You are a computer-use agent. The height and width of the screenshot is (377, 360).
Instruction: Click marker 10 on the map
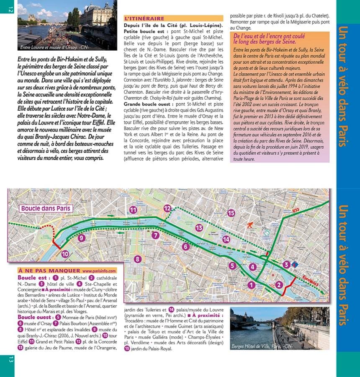[x=65, y=253]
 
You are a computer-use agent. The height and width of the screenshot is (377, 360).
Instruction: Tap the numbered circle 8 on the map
[x=137, y=259]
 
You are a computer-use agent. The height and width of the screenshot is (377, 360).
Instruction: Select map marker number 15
[x=231, y=213]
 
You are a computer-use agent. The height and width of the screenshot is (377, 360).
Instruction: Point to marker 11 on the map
[x=133, y=210]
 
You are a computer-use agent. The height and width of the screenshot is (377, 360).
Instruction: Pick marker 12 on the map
[x=167, y=208]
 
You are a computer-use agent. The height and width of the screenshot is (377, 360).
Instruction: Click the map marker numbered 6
[x=185, y=247]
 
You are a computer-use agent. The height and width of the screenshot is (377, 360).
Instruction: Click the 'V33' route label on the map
[x=296, y=210]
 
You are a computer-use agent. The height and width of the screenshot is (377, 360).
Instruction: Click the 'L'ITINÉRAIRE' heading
[x=144, y=18]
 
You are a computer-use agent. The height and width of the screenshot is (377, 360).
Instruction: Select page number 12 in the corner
[x=10, y=9]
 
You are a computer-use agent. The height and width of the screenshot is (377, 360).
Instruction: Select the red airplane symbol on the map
[x=251, y=225]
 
